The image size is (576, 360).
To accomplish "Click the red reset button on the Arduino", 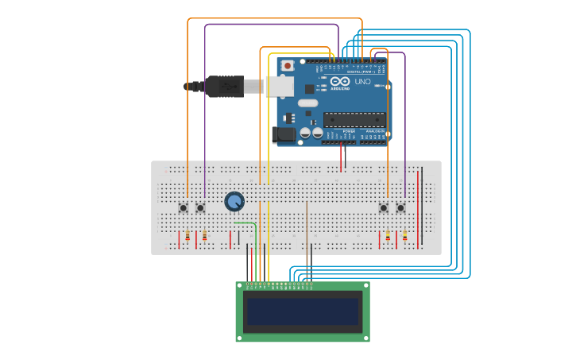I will (x=288, y=65).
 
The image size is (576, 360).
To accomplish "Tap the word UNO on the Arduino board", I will (x=362, y=82).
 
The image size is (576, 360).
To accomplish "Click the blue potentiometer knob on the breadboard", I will (x=234, y=202).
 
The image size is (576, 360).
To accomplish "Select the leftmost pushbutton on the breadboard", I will (x=184, y=208).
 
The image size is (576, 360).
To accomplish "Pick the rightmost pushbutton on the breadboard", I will (x=400, y=208).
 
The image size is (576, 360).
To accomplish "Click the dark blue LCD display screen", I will (x=303, y=312).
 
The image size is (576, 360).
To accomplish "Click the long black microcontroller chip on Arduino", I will (x=354, y=120).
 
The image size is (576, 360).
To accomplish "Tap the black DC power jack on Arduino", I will (x=284, y=135).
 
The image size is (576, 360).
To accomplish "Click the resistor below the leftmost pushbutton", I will (x=187, y=236).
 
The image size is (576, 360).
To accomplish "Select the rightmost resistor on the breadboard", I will (x=404, y=236).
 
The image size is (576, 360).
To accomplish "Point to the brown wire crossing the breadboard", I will (x=307, y=230).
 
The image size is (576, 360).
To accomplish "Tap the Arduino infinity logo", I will (x=341, y=82).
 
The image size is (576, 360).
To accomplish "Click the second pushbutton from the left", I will (x=200, y=208).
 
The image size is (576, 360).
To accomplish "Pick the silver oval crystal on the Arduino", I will (x=307, y=103).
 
